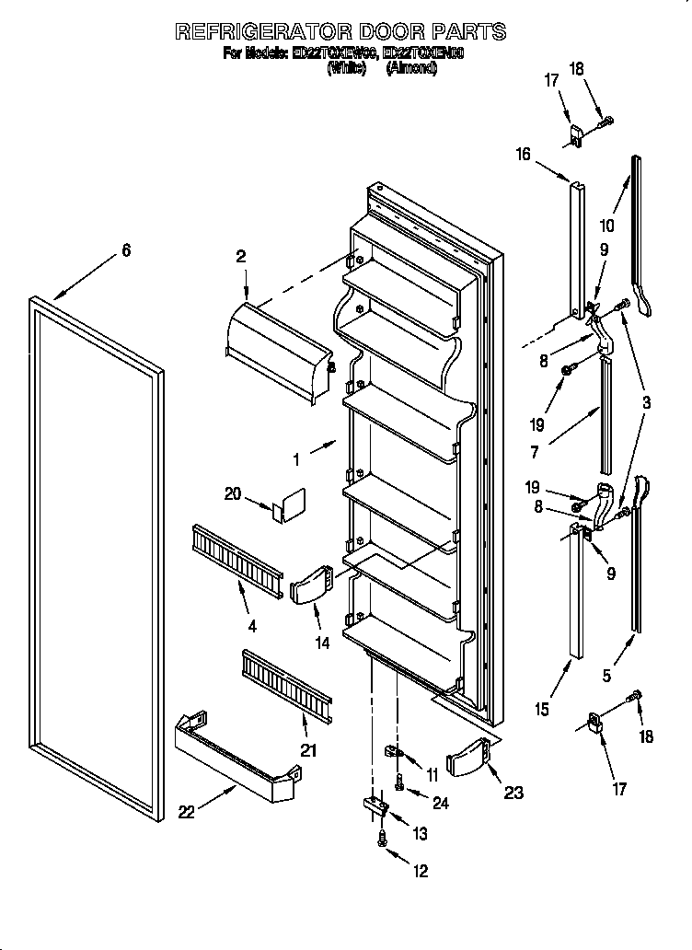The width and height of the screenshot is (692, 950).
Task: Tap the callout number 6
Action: coord(126,250)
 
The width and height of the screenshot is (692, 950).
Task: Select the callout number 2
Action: coord(241,257)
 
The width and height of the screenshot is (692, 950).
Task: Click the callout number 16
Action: coord(524,154)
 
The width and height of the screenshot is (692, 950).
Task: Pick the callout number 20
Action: coord(232,494)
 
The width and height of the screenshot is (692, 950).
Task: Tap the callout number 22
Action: coord(187,811)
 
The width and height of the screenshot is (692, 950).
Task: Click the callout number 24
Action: coord(441,803)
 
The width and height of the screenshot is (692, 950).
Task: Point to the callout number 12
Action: coord(421,872)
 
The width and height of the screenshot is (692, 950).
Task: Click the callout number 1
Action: coord(297,457)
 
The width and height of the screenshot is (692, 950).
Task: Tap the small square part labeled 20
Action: coord(293,506)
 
